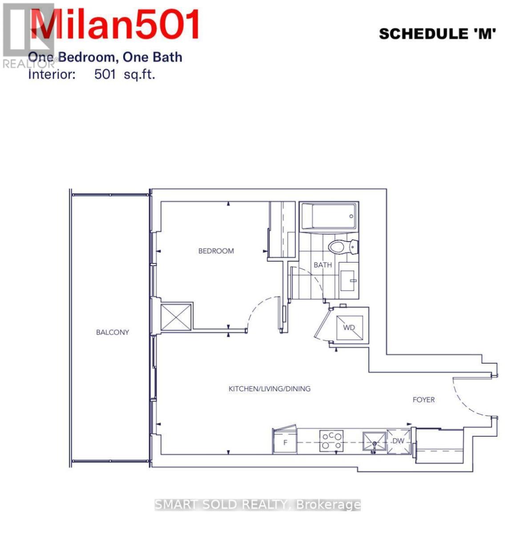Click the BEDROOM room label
click(x=216, y=251)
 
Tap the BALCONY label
click(x=113, y=332)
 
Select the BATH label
click(x=322, y=265)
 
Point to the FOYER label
click(x=423, y=400)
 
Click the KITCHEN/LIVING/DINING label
click(x=270, y=389)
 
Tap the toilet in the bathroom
click(x=343, y=247)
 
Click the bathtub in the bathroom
click(x=329, y=216)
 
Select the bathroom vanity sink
click(x=349, y=280)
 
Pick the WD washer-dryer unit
click(x=350, y=328)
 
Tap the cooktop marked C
click(x=331, y=441)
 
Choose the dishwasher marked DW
click(x=398, y=441)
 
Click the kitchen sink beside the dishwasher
click(x=374, y=441)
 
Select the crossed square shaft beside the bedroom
click(x=176, y=317)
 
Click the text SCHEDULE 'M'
click(x=437, y=34)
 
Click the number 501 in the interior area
click(x=105, y=74)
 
